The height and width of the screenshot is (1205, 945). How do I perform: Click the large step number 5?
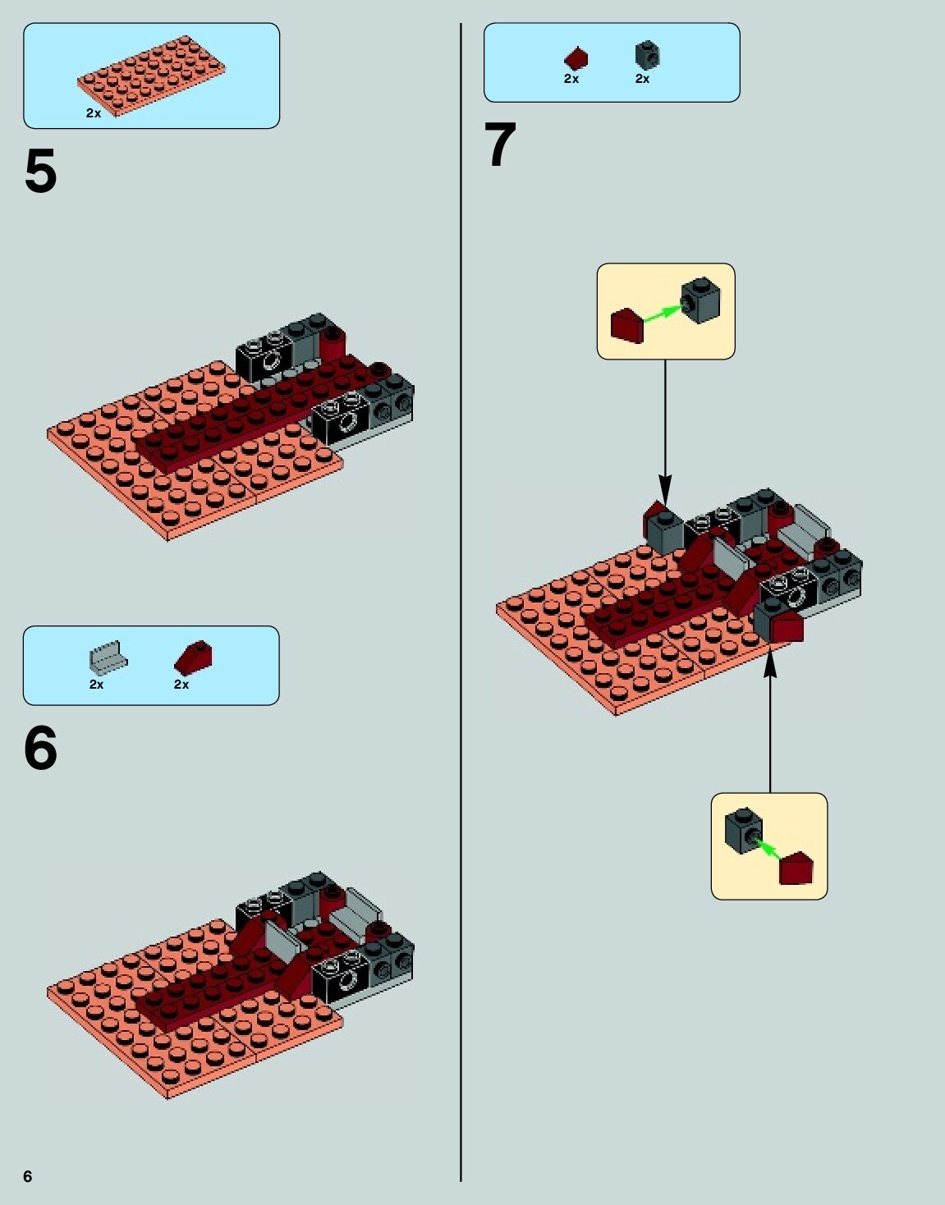coord(40,172)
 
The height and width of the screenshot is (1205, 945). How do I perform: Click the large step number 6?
coord(40,749)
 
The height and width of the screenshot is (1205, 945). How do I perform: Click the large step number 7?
coord(500,145)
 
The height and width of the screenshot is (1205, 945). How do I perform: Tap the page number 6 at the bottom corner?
coord(28,1176)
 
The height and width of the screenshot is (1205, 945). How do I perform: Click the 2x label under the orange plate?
coord(94,113)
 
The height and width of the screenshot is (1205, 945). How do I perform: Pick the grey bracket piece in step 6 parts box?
coord(108,657)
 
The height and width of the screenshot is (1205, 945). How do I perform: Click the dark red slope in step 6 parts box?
coord(194,657)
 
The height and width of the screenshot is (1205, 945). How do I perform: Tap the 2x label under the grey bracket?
coord(96,685)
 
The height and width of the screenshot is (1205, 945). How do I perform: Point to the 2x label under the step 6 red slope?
coord(181,685)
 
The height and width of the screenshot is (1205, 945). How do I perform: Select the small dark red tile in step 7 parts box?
coord(576,58)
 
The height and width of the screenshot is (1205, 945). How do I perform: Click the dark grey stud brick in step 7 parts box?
coord(647,56)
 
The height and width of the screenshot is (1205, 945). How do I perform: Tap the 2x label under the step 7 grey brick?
coord(642,79)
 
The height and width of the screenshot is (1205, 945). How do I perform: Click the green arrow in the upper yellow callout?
coord(662,314)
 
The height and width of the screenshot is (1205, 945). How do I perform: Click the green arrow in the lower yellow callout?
coord(768,849)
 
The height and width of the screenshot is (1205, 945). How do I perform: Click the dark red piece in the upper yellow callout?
coord(627,325)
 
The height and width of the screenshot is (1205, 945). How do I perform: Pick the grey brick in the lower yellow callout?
coord(743,830)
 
